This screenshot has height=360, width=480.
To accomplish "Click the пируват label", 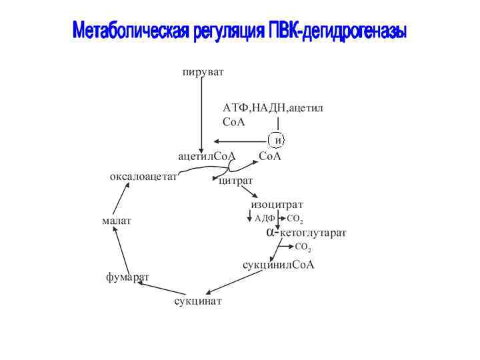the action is tap(203, 71).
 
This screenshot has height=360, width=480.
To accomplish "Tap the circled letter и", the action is tap(276, 140).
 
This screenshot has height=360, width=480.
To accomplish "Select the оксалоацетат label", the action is tap(143, 177).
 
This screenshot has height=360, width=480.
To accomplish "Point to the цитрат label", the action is tap(235, 181).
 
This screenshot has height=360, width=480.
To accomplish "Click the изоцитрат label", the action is tap(277, 205).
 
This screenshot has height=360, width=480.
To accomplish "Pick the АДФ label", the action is tap(265, 218).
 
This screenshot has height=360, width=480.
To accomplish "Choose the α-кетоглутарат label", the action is tap(306, 233).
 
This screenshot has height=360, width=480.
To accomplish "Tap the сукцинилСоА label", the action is tap(278, 265).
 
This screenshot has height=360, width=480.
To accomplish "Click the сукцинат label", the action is tap(198, 301).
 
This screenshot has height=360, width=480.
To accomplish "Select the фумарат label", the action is tap(127, 277).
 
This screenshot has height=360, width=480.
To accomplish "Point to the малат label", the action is tap(117, 221).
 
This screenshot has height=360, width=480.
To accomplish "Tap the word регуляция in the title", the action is tap(228, 31).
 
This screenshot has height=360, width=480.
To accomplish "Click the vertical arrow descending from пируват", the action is tap(201, 113).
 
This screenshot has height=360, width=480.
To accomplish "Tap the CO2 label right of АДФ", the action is tap(295, 219).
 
